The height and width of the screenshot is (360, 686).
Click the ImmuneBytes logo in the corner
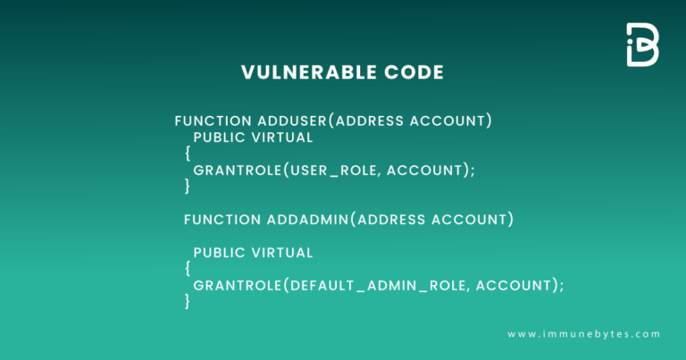coord(642,45)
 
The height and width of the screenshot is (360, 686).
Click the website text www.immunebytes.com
coord(583,334)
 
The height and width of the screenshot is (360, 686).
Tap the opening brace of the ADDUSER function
coord(188,154)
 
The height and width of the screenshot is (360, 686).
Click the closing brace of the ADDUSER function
coord(188,186)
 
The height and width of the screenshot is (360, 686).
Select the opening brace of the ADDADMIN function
coord(188,268)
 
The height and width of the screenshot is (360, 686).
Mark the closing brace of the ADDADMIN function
coord(188,301)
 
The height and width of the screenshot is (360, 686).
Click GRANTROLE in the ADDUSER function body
coord(236,170)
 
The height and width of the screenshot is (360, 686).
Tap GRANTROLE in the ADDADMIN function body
coord(236,285)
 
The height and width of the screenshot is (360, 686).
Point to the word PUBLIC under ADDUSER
coord(219,138)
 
